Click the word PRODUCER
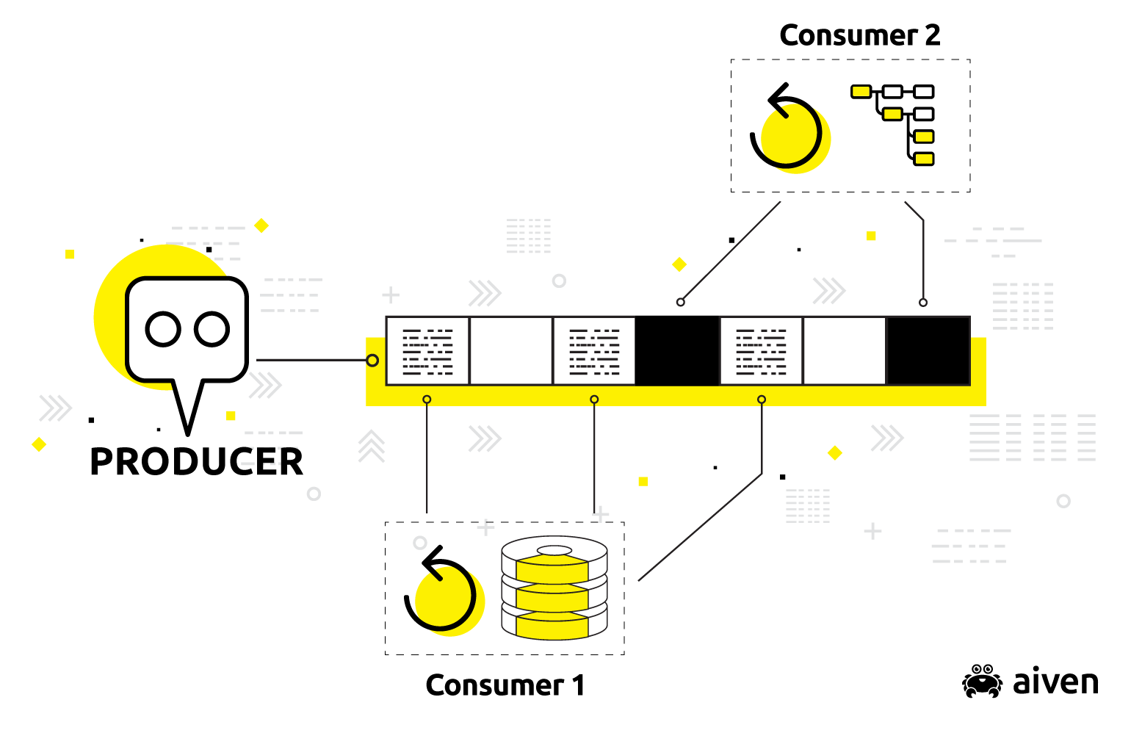click(x=196, y=462)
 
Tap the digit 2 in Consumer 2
click(x=932, y=35)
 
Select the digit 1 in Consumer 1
click(x=579, y=685)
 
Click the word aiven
click(x=1055, y=682)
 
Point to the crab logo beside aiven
click(x=982, y=681)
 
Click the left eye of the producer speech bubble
click(x=163, y=329)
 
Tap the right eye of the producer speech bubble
click(x=212, y=329)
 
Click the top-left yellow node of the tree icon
click(x=861, y=92)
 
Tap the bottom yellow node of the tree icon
click(x=924, y=159)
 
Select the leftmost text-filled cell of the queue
click(x=427, y=351)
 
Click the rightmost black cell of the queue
click(x=928, y=351)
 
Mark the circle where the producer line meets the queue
click(x=372, y=361)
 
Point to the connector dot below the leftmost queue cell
click(x=427, y=400)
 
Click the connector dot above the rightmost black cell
click(x=923, y=303)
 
